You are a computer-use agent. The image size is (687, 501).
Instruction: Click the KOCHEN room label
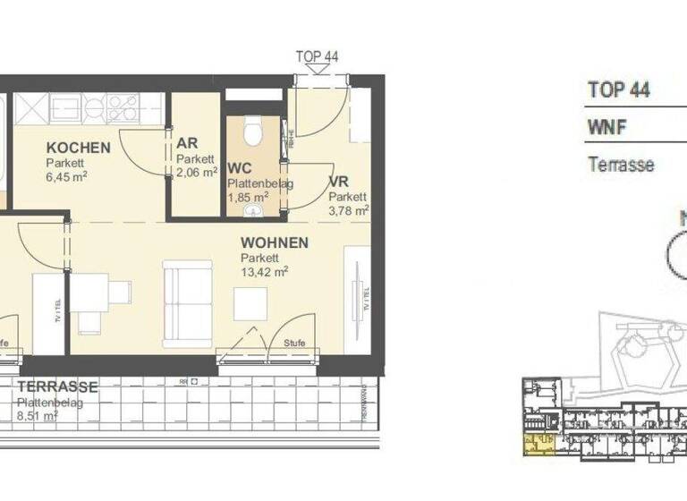pyautogui.click(x=79, y=148)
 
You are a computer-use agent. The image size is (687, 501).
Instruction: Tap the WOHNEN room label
pyautogui.click(x=275, y=242)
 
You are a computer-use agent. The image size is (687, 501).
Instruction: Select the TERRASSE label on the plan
pyautogui.click(x=56, y=387)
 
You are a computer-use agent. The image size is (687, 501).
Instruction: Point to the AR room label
pyautogui.click(x=187, y=144)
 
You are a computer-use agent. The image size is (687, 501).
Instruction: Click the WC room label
pyautogui.click(x=239, y=168)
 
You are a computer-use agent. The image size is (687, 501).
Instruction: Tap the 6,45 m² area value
pyautogui.click(x=67, y=177)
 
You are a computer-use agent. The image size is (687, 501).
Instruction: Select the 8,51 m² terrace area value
pyautogui.click(x=37, y=415)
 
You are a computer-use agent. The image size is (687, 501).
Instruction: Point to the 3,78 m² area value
pyautogui.click(x=349, y=211)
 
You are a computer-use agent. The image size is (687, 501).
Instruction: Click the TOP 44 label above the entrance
pyautogui.click(x=317, y=56)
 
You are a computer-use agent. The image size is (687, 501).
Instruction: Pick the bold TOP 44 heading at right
pyautogui.click(x=618, y=89)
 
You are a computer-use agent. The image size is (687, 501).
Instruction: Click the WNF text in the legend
pyautogui.click(x=606, y=127)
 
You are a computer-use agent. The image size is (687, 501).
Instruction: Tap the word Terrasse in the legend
pyautogui.click(x=621, y=165)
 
